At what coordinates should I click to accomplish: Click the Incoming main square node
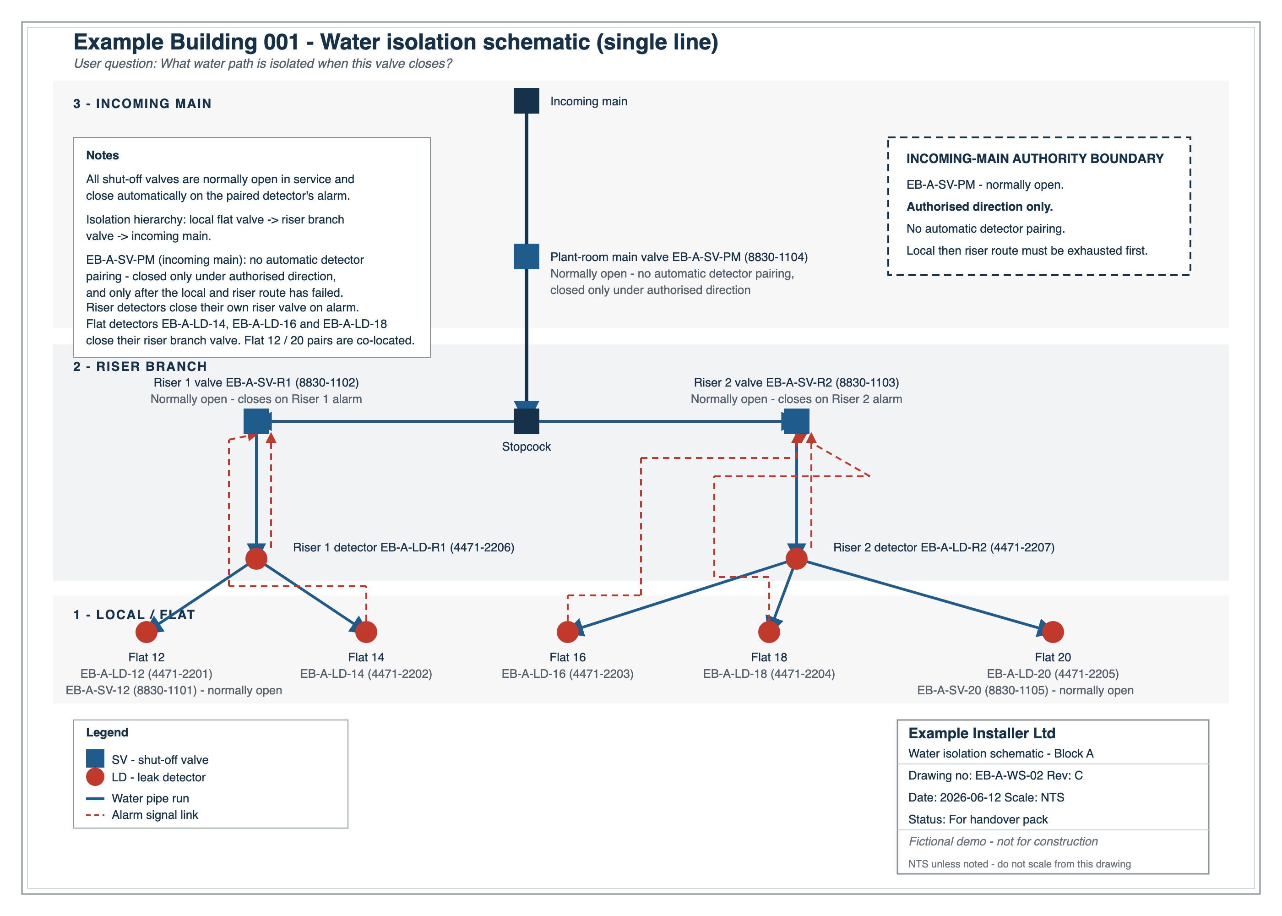[526, 100]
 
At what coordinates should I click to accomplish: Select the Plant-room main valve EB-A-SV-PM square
[526, 256]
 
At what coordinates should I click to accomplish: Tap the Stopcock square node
[526, 421]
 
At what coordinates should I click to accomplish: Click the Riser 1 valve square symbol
[256, 421]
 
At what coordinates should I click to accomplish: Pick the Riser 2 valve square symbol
[796, 421]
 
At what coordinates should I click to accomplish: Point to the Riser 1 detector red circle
[256, 558]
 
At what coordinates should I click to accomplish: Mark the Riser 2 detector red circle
[796, 558]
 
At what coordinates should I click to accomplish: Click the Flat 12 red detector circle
[147, 632]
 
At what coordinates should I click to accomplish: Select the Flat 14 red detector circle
[366, 632]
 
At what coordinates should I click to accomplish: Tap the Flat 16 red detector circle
[568, 632]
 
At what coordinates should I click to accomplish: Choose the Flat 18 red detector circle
[769, 632]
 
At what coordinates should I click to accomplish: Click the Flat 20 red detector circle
[1053, 632]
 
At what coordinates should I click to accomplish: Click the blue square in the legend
[95, 758]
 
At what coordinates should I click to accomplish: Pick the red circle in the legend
[95, 777]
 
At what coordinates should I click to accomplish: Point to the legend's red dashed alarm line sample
[95, 815]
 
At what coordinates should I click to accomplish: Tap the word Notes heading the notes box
[103, 155]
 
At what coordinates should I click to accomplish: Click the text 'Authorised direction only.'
[979, 207]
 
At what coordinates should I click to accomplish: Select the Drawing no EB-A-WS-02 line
[995, 775]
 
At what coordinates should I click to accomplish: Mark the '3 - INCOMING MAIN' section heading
[142, 104]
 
